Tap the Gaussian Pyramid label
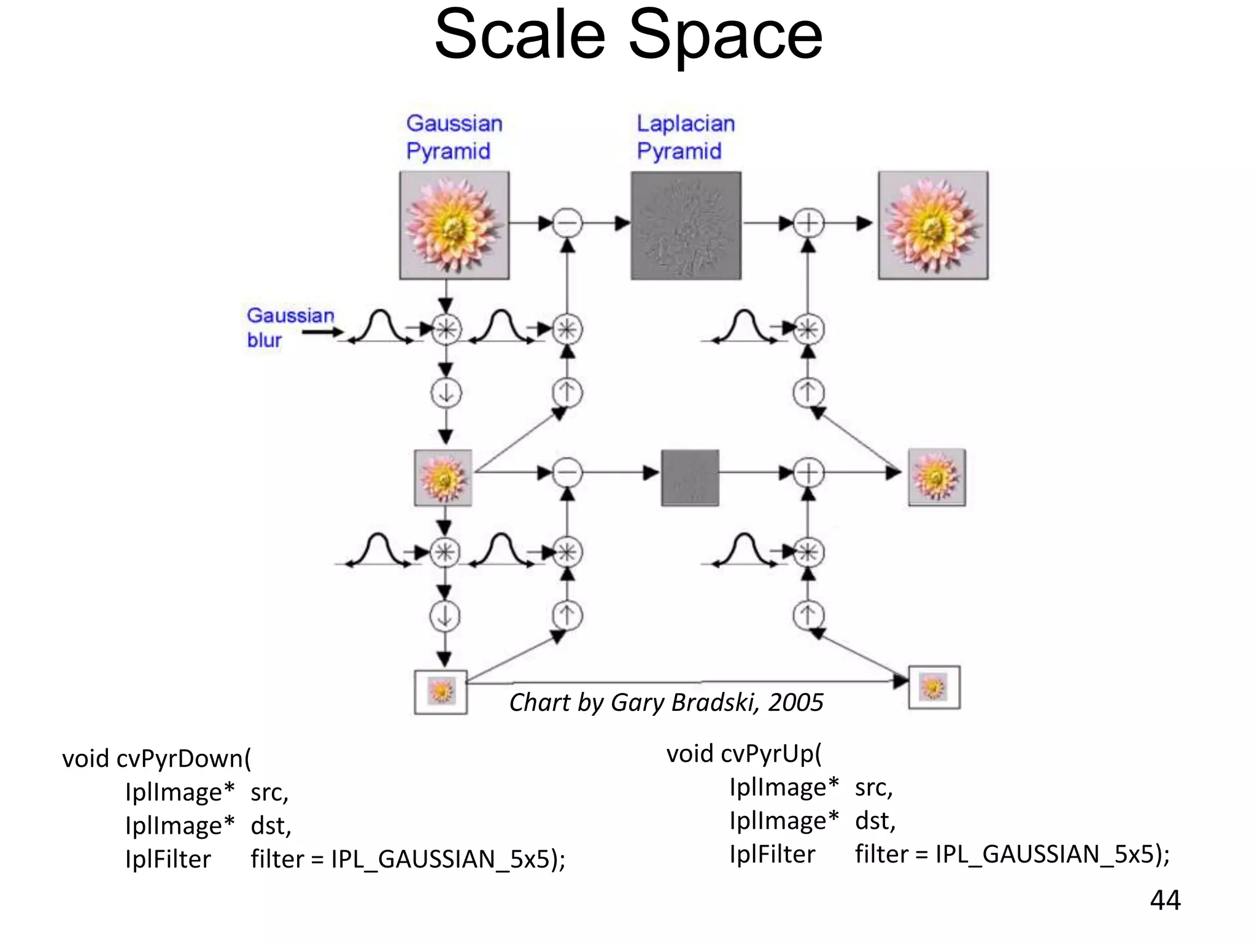(454, 137)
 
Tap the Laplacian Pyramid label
(685, 137)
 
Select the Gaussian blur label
(290, 327)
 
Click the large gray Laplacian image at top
(686, 225)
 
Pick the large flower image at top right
(933, 225)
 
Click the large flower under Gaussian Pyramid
(454, 225)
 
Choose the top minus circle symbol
(567, 223)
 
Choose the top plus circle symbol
(808, 223)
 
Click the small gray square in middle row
(690, 478)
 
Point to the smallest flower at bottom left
(441, 692)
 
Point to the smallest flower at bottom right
(934, 687)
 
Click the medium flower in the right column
(937, 477)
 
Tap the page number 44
(1165, 900)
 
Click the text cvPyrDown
(180, 759)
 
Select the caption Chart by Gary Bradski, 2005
(666, 702)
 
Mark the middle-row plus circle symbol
(808, 473)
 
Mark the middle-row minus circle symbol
(567, 473)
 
